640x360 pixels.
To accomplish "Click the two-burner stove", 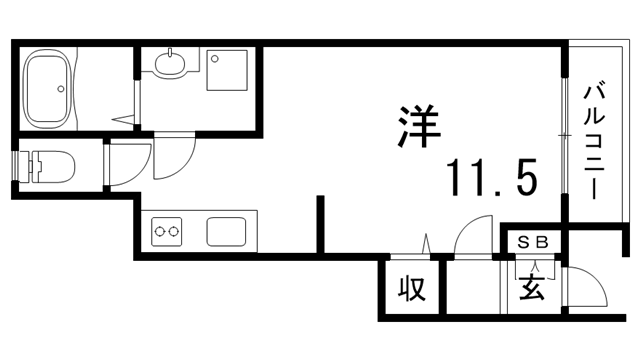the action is [167, 232].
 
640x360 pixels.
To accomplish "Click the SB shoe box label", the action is [532, 242].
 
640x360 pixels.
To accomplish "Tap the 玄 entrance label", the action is [532, 290].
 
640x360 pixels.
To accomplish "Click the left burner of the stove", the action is [160, 232].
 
